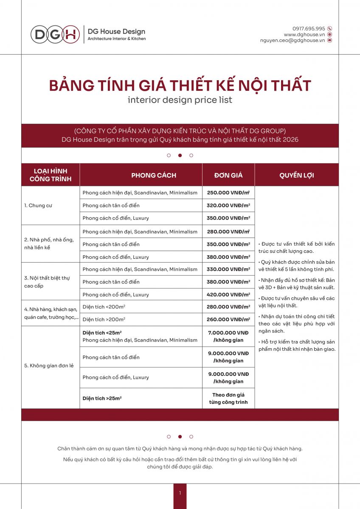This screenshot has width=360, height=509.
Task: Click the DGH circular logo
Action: click(55, 34)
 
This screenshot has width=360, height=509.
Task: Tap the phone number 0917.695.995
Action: click(309, 28)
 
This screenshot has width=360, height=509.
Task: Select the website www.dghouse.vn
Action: click(304, 34)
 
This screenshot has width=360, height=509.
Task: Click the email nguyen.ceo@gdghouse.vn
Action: click(292, 40)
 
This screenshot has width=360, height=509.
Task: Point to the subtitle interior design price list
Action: click(180, 100)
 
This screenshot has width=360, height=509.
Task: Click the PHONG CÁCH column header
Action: click(154, 175)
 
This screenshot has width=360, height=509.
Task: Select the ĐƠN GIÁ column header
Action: click(228, 175)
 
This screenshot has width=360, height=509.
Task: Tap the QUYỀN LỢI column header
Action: click(297, 175)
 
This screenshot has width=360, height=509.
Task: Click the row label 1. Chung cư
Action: click(38, 206)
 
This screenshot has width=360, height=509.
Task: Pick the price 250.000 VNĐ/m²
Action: click(228, 193)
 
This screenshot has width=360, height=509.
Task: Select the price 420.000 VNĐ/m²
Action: click(228, 294)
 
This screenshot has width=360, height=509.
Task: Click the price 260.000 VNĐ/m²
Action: click(228, 319)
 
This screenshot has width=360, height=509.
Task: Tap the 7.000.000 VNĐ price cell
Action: click(228, 336)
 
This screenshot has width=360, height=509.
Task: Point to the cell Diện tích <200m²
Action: click(104, 307)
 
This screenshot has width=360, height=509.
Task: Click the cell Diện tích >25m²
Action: click(102, 398)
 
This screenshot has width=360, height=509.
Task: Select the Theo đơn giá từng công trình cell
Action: click(228, 398)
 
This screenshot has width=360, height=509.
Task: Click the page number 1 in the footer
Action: click(180, 493)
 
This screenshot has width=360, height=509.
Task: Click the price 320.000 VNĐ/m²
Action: click(228, 205)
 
